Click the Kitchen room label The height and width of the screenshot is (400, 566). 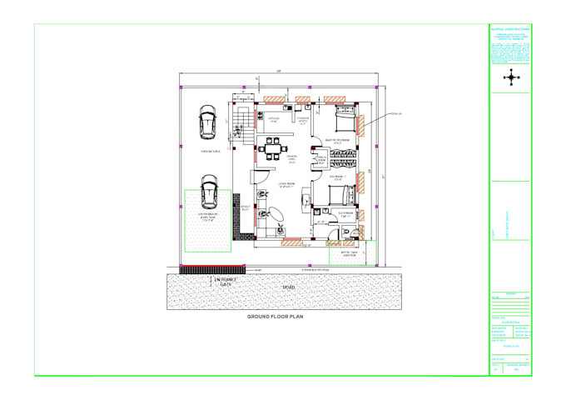272,121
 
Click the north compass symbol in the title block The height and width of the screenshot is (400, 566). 510,77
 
